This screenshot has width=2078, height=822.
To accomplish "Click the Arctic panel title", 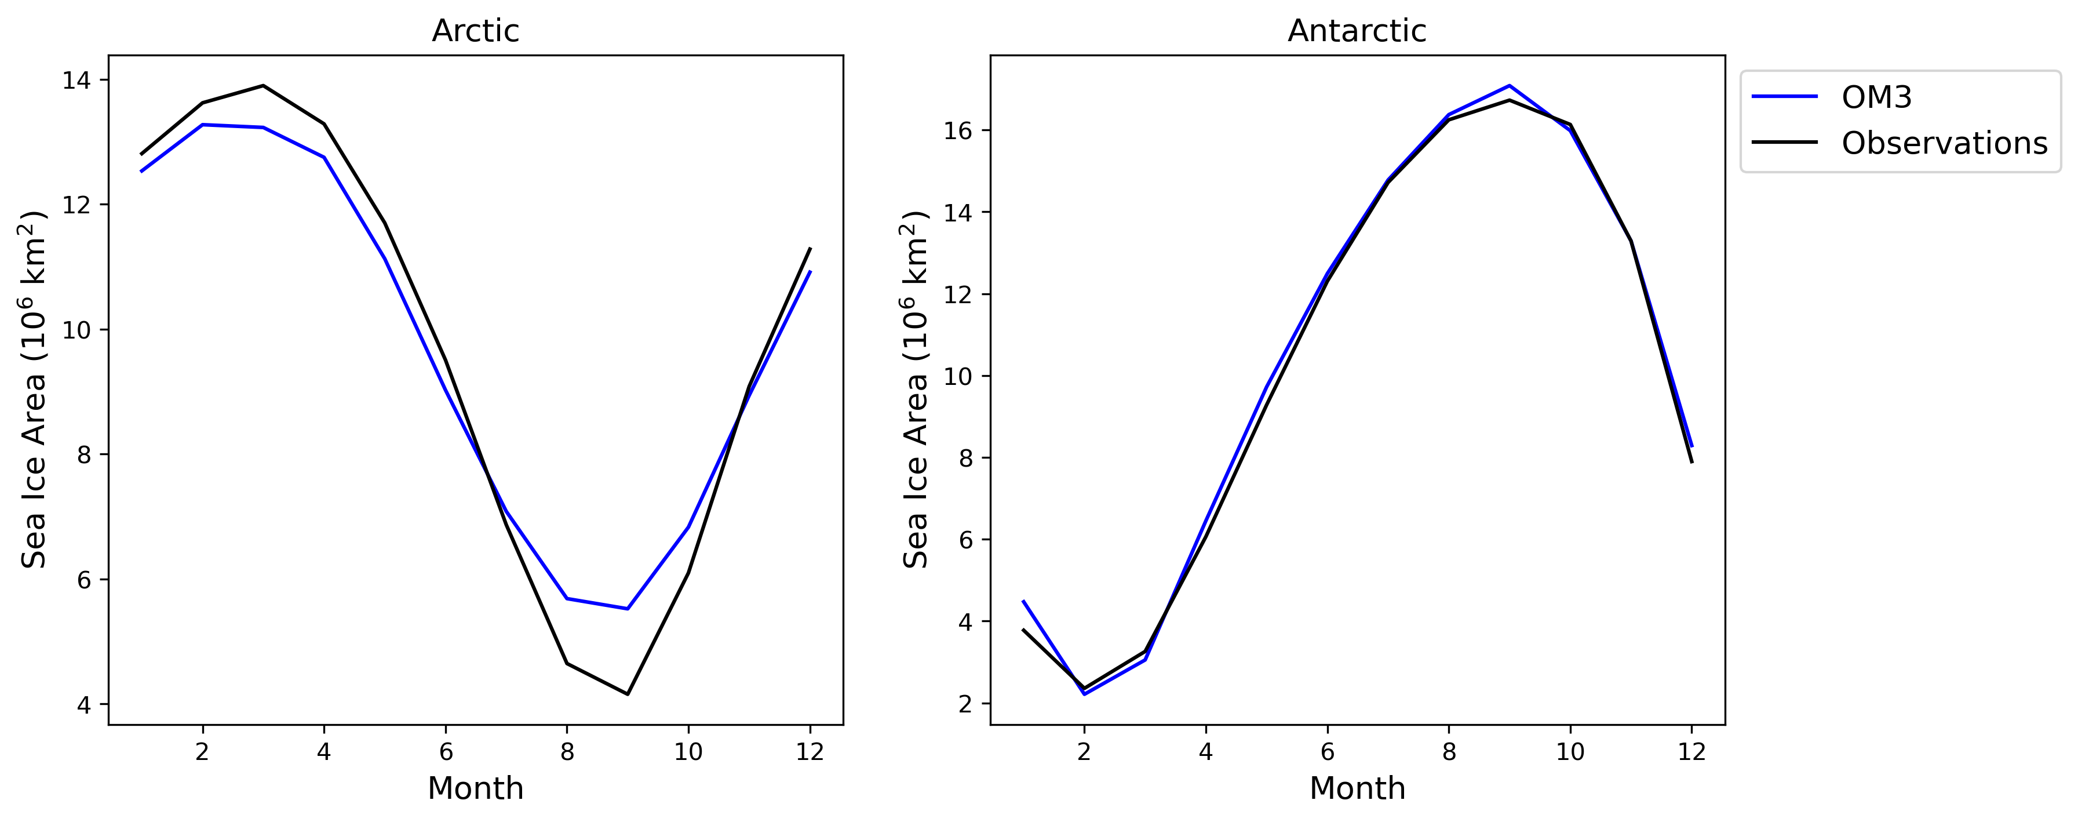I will click(475, 31).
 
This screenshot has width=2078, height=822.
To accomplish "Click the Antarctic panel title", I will click(1357, 31).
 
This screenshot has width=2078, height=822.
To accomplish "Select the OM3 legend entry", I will click(1876, 97).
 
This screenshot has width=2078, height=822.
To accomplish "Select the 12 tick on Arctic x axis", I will click(810, 752).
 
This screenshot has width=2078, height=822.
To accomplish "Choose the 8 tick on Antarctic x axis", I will click(1449, 752).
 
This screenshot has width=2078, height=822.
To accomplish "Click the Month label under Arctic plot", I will click(475, 788).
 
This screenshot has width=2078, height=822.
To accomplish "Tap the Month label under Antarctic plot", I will click(1357, 788).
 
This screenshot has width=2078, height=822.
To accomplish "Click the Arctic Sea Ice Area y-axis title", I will click(33, 390).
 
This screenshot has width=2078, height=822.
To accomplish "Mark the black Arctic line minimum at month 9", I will click(628, 694).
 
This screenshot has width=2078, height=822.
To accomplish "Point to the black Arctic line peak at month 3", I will click(263, 86).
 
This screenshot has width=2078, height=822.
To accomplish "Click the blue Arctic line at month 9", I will click(628, 608).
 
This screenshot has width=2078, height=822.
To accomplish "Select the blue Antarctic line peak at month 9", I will click(1510, 86).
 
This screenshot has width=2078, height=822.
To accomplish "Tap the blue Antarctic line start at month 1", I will click(1023, 601).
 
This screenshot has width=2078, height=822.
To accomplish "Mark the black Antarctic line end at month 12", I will click(1691, 462).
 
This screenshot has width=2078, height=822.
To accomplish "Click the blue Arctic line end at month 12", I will click(810, 272).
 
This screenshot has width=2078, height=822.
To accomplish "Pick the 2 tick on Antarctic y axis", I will click(965, 703).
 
